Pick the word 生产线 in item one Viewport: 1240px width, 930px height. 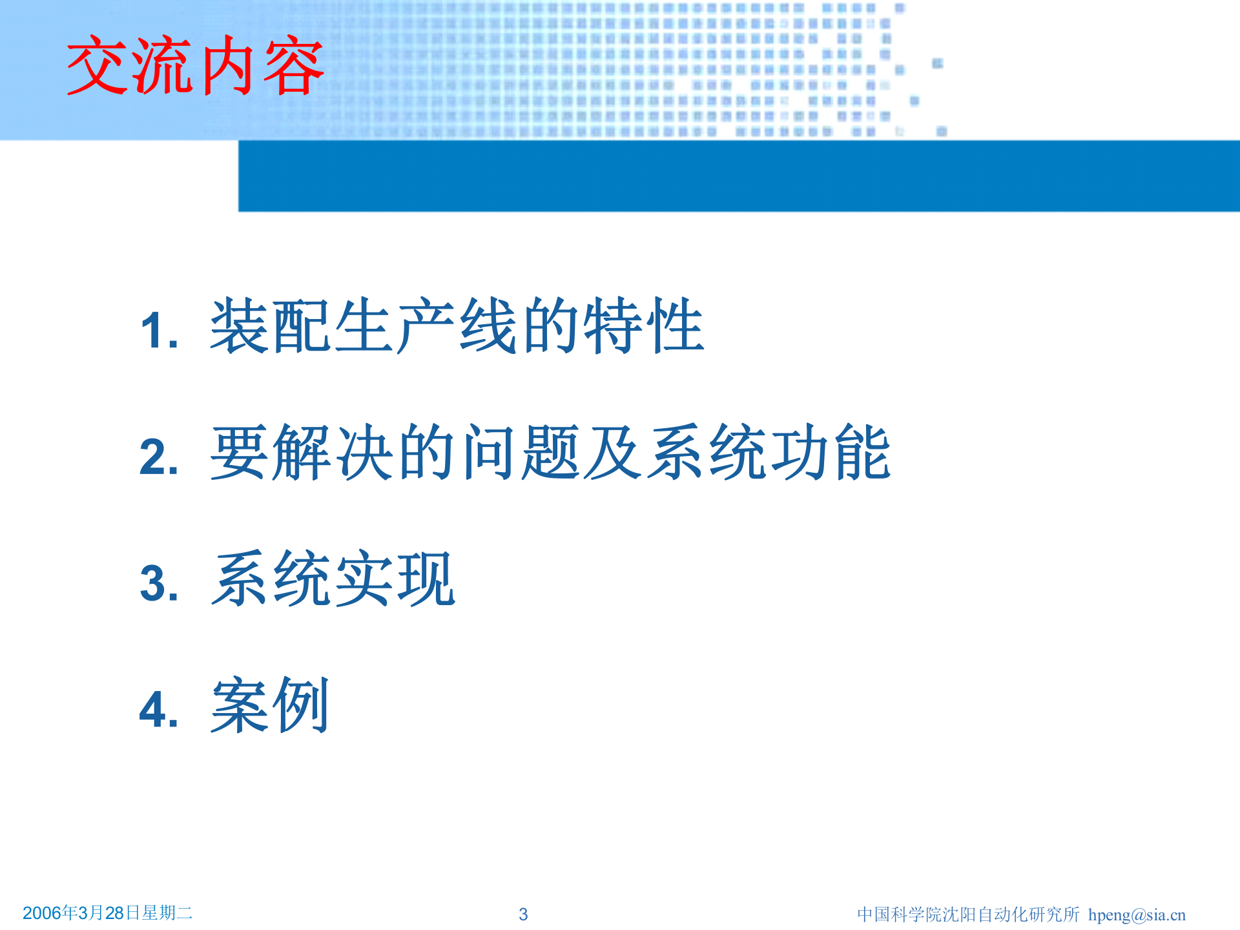coord(426,326)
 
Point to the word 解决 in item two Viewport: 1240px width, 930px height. coord(333,452)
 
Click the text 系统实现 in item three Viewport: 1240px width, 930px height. coord(333,579)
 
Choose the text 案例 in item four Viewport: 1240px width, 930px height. coord(270,705)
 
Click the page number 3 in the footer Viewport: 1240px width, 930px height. coord(523,914)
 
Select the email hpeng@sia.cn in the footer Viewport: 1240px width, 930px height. coord(1137,914)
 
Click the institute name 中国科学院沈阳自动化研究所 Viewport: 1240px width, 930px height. coord(967,914)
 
